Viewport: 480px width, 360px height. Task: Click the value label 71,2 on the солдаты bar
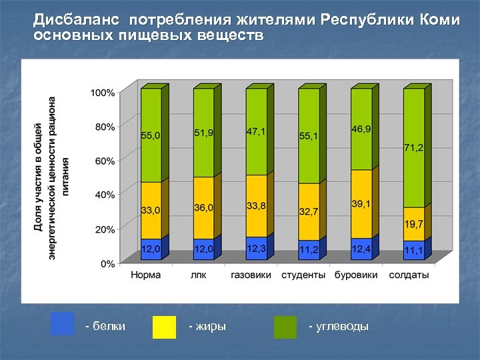[413, 147]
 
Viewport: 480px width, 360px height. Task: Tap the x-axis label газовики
[251, 275]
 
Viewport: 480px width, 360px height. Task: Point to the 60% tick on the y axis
[103, 161]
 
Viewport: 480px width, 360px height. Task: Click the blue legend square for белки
[62, 324]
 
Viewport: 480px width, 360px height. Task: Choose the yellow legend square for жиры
[164, 327]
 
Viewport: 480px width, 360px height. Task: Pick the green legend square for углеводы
[285, 327]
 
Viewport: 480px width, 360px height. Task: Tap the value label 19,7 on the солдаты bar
[413, 223]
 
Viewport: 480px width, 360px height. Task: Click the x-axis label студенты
[303, 275]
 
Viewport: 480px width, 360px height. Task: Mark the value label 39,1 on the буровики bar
[361, 203]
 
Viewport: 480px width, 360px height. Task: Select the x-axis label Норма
[145, 275]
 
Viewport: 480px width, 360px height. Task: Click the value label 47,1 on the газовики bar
[255, 131]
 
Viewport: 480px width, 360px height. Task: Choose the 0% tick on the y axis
[107, 263]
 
